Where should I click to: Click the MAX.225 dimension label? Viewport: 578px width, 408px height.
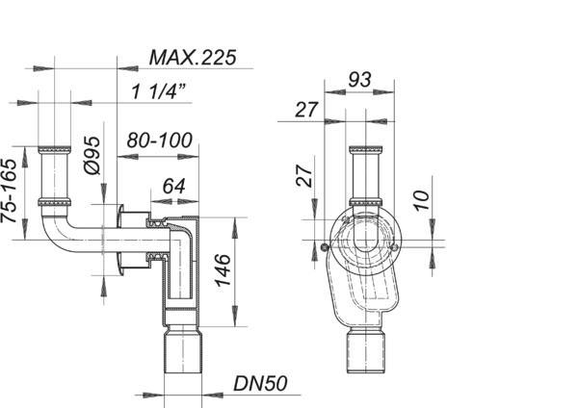pos(193,58)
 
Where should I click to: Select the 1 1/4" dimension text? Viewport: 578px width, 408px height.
pos(159,91)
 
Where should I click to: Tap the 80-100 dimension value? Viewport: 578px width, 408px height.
pos(160,140)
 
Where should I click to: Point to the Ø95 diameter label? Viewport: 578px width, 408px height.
pos(92,155)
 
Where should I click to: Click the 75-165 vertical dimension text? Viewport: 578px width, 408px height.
pos(9,191)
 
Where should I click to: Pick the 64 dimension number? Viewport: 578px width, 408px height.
pos(174,187)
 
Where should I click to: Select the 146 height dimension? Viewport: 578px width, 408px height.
pos(223,269)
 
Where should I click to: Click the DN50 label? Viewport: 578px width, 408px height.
pos(260,384)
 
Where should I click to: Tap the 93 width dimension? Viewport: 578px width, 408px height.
pos(359,80)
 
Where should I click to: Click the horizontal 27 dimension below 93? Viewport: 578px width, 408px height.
pos(306,110)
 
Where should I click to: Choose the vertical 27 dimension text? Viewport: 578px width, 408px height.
pos(304,176)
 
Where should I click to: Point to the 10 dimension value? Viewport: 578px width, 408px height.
pos(421,201)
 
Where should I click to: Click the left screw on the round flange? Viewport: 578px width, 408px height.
pos(325,246)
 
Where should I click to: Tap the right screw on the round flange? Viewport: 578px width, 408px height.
pos(394,246)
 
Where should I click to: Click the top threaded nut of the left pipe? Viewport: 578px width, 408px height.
pos(54,150)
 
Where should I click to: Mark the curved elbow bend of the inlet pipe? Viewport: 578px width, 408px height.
pos(55,233)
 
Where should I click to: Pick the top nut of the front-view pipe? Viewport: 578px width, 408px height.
pos(366,150)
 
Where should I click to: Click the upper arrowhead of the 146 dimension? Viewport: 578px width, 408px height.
pos(234,227)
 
